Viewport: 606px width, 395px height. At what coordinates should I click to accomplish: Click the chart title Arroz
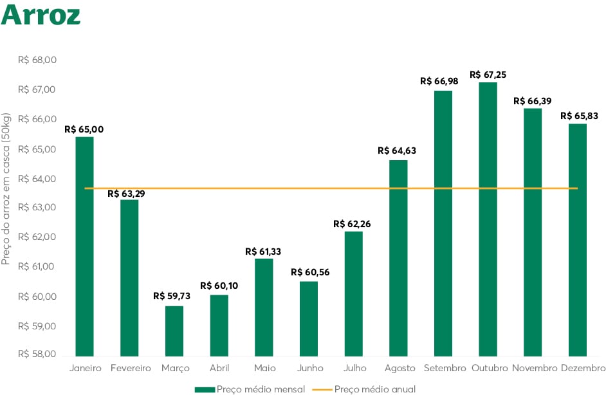tap(41, 15)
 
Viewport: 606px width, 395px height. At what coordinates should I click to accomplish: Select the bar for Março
tap(174, 331)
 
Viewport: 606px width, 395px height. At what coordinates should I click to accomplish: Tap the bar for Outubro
tap(488, 219)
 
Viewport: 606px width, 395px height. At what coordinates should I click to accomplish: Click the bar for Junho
tap(308, 318)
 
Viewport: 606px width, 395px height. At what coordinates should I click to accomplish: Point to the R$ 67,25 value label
tap(488, 75)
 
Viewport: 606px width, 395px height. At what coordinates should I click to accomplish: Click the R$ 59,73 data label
tap(174, 296)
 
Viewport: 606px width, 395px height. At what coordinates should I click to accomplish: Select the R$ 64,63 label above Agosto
tap(398, 151)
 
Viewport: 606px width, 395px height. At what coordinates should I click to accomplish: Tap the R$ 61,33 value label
tap(263, 252)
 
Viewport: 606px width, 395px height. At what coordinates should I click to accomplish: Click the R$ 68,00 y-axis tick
tap(38, 60)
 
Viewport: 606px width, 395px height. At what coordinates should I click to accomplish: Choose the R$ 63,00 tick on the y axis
tap(38, 208)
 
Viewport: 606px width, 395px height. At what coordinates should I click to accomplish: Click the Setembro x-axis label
tap(445, 368)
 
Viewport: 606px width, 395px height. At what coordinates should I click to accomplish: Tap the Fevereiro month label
tap(130, 368)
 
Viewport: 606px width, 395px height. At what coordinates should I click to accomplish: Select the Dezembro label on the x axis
tap(583, 368)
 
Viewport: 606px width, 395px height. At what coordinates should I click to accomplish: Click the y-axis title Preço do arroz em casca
tap(6, 190)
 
